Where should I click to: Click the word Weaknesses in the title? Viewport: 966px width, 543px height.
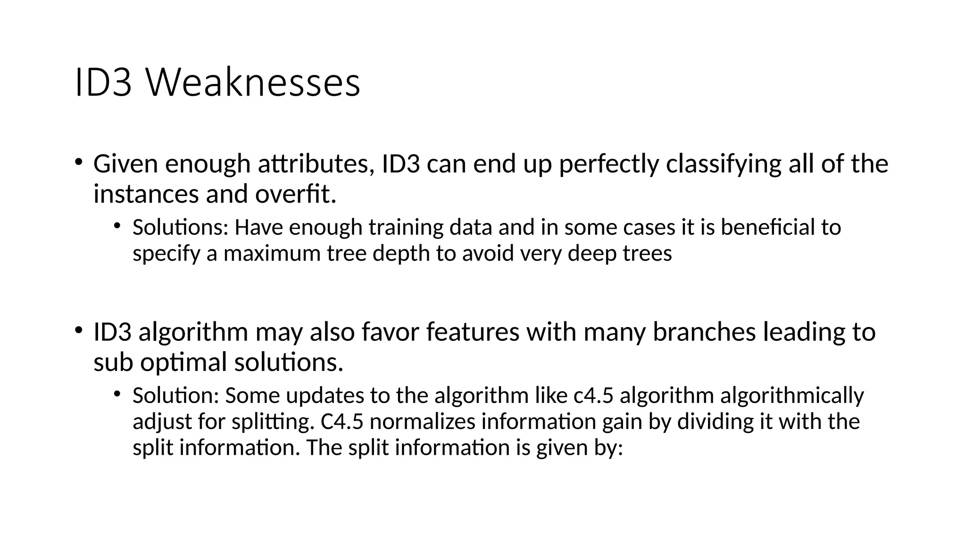[x=253, y=83]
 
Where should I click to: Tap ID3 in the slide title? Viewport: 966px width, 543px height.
[x=103, y=83]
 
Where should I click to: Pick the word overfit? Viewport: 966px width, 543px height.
[x=296, y=194]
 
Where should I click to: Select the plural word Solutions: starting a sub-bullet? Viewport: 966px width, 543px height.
[x=181, y=227]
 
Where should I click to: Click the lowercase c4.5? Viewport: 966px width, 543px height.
[x=593, y=395]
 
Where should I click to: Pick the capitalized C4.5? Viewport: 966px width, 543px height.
[x=342, y=421]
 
